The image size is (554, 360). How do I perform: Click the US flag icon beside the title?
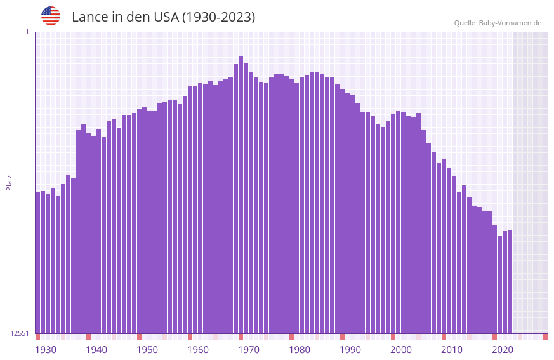pyautogui.click(x=51, y=16)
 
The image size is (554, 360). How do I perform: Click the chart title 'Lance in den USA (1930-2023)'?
pyautogui.click(x=163, y=17)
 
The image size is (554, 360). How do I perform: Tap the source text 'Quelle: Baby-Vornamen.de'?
pyautogui.click(x=498, y=23)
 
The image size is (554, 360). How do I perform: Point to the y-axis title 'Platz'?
pyautogui.click(x=9, y=182)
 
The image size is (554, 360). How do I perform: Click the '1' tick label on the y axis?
pyautogui.click(x=27, y=32)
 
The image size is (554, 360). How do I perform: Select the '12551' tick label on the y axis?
pyautogui.click(x=20, y=333)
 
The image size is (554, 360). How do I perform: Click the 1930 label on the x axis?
pyautogui.click(x=46, y=350)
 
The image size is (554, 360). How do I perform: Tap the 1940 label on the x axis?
pyautogui.click(x=96, y=350)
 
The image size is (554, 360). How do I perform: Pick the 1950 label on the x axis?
pyautogui.click(x=147, y=350)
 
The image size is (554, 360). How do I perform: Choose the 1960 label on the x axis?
pyautogui.click(x=198, y=350)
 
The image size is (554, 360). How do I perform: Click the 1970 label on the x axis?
pyautogui.click(x=249, y=350)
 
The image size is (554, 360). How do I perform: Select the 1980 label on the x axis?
pyautogui.click(x=300, y=350)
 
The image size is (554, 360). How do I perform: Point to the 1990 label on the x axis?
pyautogui.click(x=350, y=350)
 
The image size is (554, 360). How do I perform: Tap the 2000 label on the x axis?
pyautogui.click(x=401, y=350)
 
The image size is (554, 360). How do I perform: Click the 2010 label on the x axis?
pyautogui.click(x=452, y=350)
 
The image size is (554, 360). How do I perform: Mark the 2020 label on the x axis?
pyautogui.click(x=503, y=350)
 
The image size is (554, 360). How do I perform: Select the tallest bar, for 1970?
pyautogui.click(x=241, y=190)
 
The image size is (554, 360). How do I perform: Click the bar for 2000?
pyautogui.click(x=393, y=222)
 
